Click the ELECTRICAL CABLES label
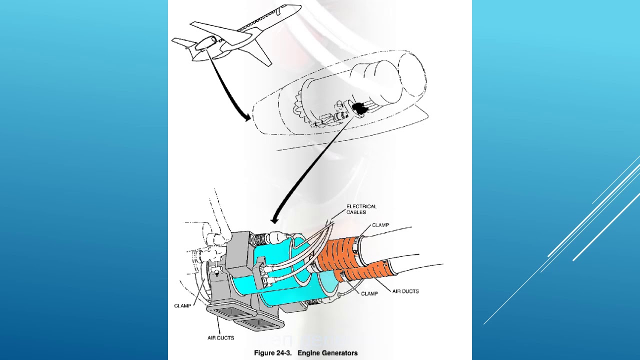tap(361, 209)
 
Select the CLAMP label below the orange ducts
tap(369, 293)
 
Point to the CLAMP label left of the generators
tap(182, 305)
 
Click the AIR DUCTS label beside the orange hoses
tap(405, 291)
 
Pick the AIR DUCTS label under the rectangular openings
tap(220, 338)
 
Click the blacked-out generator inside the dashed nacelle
tap(358, 107)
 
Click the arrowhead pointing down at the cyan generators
tap(274, 219)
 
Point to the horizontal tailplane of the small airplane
tap(183, 43)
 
